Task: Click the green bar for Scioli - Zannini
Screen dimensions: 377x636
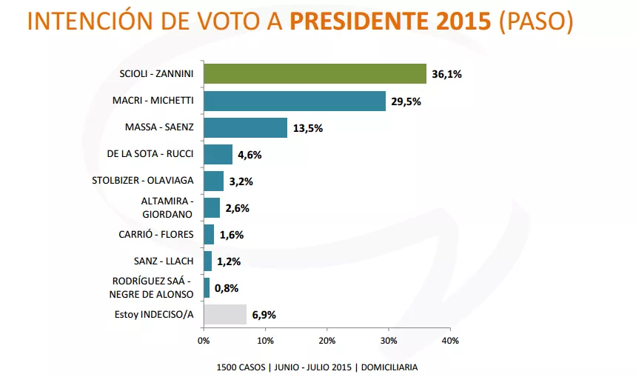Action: pos(315,74)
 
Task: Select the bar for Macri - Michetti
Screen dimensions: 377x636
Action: pos(295,101)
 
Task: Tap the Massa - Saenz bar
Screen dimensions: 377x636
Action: pos(245,127)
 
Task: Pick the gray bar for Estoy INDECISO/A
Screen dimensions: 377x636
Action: pos(225,314)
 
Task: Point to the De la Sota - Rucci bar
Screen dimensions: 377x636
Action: pos(218,154)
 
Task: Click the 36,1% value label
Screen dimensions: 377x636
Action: pos(446,75)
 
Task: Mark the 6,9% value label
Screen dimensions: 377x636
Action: pos(264,315)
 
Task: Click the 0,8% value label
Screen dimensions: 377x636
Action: pos(227,288)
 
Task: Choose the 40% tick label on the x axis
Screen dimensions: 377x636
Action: pos(450,341)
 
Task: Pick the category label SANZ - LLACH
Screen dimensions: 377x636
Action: pos(164,261)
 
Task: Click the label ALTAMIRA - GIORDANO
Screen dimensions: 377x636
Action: pos(167,207)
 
